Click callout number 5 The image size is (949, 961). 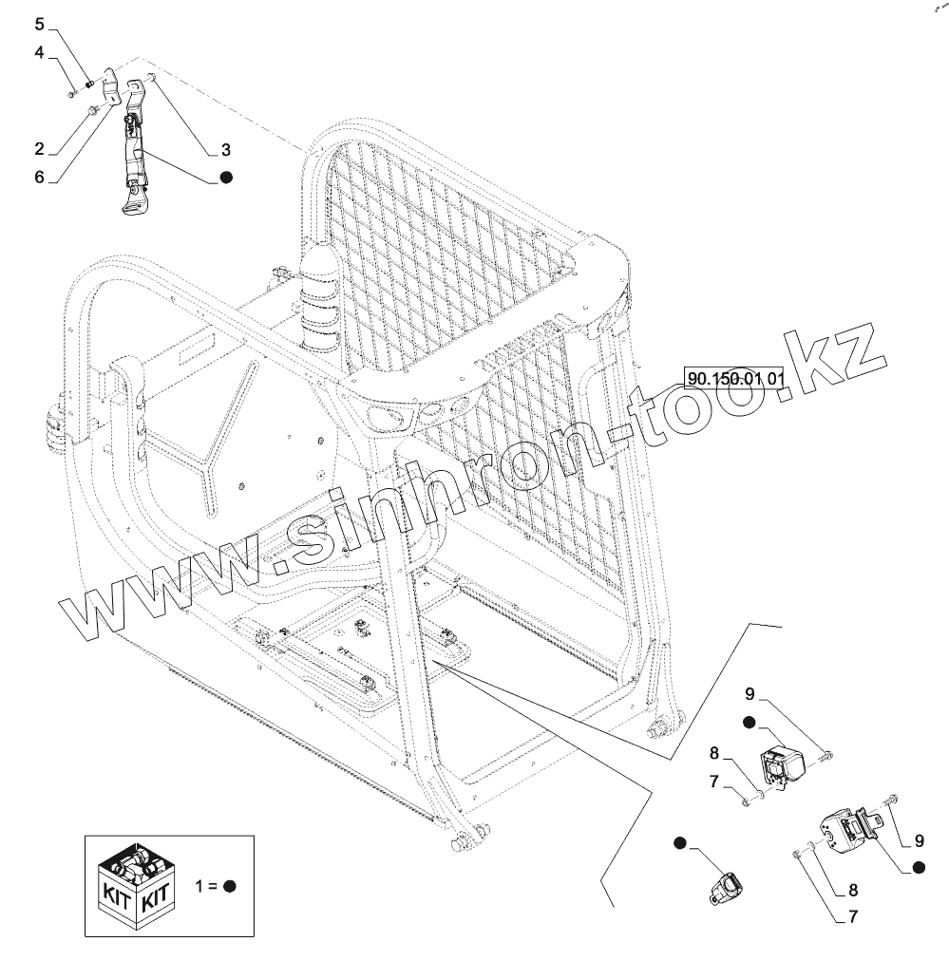[39, 24]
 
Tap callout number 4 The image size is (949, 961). [39, 52]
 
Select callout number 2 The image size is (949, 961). [39, 148]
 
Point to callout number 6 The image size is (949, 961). [39, 177]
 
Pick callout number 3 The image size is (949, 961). [225, 149]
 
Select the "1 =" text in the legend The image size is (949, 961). [205, 886]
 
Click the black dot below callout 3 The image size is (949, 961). [226, 178]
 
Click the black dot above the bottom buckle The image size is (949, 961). [679, 842]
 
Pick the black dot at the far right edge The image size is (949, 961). [918, 867]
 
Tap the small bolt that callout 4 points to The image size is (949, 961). [72, 92]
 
